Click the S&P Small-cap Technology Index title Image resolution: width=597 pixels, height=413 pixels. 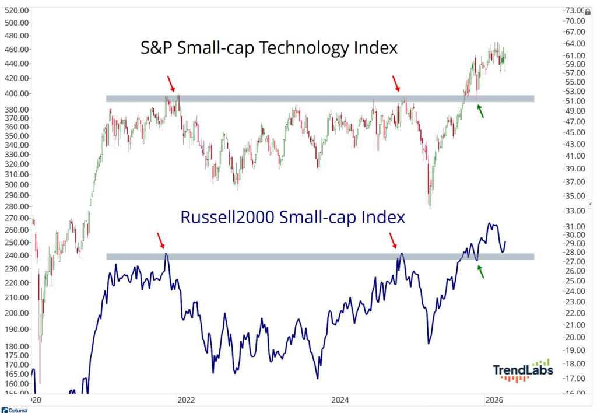point(269,47)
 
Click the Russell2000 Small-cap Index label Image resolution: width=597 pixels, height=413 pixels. point(292,217)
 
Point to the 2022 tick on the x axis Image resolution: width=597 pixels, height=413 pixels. point(186,400)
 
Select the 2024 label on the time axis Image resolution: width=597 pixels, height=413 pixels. point(340,400)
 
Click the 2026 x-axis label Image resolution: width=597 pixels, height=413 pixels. point(494,400)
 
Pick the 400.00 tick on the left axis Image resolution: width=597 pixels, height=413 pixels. point(16,93)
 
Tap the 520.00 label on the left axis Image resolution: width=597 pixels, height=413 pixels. point(16,10)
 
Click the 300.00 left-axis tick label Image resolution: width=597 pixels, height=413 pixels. point(16,185)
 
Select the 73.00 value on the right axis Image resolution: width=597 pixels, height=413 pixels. point(574,10)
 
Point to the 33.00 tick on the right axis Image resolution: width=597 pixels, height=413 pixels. point(574,211)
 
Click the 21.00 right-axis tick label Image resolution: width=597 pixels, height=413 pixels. point(574,325)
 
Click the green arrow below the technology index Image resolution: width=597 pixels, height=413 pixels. point(481,110)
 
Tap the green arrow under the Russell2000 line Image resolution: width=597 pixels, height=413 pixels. point(481,271)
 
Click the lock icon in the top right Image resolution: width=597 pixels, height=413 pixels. point(588,11)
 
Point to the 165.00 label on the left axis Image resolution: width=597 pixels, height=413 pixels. point(16,374)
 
